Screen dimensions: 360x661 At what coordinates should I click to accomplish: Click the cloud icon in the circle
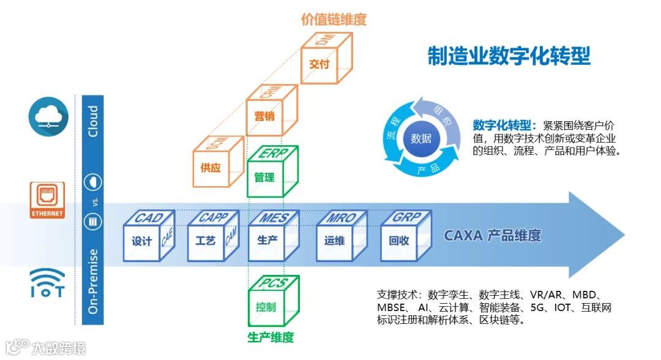[48, 118]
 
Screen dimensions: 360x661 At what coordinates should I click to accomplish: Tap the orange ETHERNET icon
[48, 201]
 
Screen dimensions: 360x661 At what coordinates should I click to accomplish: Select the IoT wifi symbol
[47, 282]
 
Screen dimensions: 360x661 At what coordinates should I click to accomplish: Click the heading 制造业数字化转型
[509, 56]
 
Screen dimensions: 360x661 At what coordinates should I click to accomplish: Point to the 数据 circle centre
[420, 138]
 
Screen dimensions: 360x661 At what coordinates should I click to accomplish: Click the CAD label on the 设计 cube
[149, 219]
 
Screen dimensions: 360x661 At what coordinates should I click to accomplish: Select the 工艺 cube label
[205, 241]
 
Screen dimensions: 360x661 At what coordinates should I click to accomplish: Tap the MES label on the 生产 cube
[271, 219]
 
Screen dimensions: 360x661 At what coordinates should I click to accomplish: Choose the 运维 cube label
[334, 241]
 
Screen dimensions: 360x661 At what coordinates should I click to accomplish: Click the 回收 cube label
[398, 241]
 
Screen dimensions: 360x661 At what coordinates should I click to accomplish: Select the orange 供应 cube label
[210, 168]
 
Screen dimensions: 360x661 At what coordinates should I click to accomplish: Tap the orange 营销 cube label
[264, 116]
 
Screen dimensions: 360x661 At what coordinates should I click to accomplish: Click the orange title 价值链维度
[334, 20]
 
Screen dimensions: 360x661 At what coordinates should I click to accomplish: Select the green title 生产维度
[271, 337]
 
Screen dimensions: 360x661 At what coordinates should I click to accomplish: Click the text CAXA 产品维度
[493, 236]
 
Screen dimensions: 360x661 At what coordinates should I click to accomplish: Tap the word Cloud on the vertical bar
[92, 122]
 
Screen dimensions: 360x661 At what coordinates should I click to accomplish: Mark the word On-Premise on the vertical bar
[92, 281]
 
